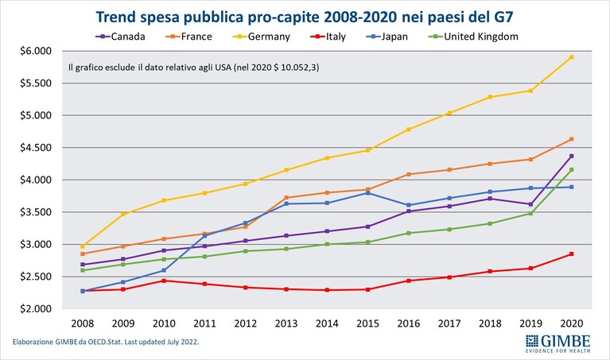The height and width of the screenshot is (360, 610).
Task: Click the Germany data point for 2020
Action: (572, 57)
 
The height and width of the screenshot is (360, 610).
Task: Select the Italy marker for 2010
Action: (164, 281)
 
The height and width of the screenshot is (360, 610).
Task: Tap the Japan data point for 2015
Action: (368, 193)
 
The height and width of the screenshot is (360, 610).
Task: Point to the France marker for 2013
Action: (286, 198)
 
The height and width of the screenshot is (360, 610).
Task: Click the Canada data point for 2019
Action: (530, 204)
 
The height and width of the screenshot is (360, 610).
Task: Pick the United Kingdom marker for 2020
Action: (572, 169)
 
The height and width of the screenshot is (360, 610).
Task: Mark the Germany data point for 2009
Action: (123, 214)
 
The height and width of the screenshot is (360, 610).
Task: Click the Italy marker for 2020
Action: (572, 254)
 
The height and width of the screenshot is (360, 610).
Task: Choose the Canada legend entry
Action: (120, 37)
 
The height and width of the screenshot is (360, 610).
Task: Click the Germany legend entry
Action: (262, 37)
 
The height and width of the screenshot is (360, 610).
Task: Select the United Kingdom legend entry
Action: (473, 37)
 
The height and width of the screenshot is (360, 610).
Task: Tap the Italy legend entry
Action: (328, 37)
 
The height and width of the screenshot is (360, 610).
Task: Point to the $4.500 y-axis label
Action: (36, 148)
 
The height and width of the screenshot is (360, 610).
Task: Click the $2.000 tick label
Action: (36, 308)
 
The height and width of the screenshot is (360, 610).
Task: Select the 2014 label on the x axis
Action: (327, 323)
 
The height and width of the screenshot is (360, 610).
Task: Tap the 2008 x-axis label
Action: (83, 323)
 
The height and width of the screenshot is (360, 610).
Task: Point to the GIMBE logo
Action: (558, 343)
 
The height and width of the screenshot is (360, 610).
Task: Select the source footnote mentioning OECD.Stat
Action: (106, 343)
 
